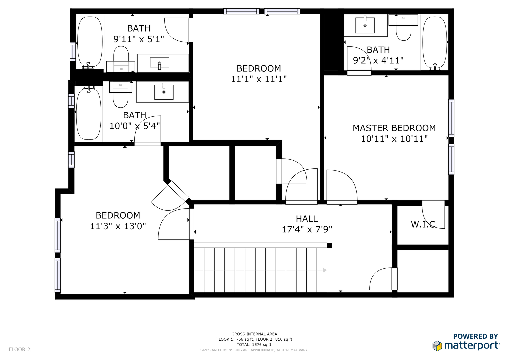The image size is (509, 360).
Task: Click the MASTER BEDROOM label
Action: point(394,128)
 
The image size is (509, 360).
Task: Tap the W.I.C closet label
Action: point(423,224)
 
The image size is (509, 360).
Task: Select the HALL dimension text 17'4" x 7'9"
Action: point(307,229)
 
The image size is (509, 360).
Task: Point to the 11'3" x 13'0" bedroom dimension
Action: point(118,226)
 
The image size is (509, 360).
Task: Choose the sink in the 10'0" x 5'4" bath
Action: point(164,92)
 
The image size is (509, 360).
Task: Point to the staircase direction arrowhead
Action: point(325,270)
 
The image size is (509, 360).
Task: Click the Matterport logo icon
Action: point(437,346)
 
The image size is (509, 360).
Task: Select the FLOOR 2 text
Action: point(19,349)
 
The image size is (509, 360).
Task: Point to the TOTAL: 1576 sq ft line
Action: point(254,345)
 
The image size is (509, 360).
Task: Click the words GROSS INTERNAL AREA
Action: point(254,334)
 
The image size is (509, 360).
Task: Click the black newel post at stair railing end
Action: point(329,245)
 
